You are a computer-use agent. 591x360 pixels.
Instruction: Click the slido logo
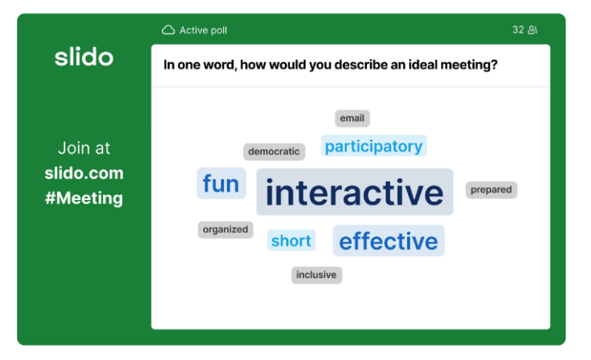84,57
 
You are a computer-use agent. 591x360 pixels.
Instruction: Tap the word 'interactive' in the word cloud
355,192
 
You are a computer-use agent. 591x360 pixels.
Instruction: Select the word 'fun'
221,184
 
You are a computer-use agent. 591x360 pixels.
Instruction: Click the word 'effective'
389,242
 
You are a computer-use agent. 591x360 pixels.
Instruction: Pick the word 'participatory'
373,146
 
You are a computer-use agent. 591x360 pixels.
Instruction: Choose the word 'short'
291,241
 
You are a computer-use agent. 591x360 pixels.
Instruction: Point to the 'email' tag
352,118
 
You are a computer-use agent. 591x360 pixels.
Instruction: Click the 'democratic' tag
274,152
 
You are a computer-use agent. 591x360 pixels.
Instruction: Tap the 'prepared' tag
491,189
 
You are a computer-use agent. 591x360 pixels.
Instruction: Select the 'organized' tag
225,229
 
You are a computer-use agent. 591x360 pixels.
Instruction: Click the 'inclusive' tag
316,275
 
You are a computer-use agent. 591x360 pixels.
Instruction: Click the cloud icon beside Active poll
169,30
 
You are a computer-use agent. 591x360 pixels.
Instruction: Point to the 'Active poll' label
203,31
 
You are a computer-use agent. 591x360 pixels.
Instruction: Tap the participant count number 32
518,30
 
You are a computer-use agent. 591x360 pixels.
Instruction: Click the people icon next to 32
533,30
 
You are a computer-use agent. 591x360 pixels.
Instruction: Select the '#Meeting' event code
84,198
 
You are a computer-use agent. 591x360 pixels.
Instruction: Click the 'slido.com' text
84,173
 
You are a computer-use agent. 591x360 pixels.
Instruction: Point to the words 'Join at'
84,148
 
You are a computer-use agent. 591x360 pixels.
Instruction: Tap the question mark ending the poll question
494,65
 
